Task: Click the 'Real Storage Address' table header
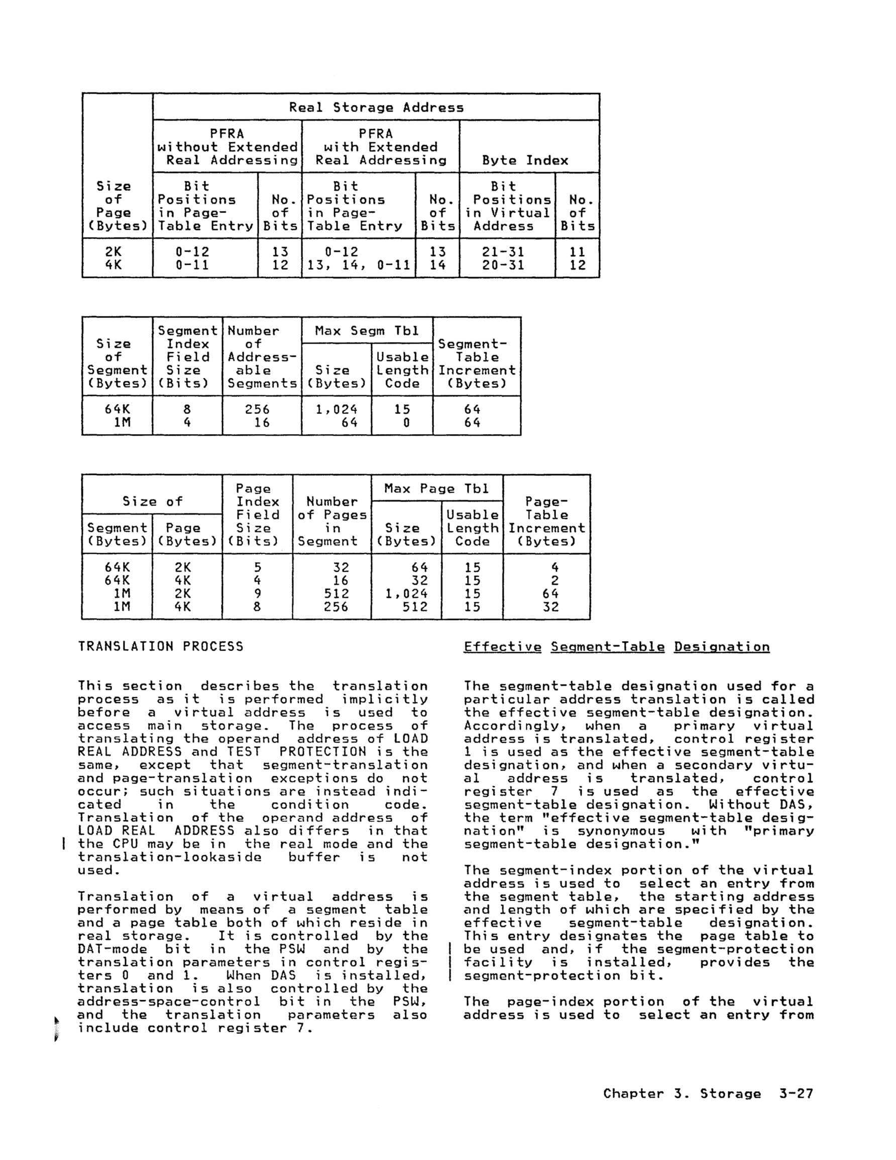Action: pyautogui.click(x=376, y=108)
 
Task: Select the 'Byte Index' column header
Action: pyautogui.click(x=525, y=160)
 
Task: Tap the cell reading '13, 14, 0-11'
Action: pyautogui.click(x=359, y=265)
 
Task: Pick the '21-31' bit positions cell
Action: pyautogui.click(x=503, y=252)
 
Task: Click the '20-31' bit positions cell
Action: pyautogui.click(x=503, y=265)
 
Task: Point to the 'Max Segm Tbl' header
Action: pyautogui.click(x=367, y=331)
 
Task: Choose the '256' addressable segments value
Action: pyautogui.click(x=258, y=409)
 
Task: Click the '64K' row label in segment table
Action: pyautogui.click(x=118, y=409)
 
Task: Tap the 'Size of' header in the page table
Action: pyautogui.click(x=153, y=501)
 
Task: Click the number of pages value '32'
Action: pyautogui.click(x=341, y=568)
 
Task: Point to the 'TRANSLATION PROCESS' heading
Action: pyautogui.click(x=160, y=647)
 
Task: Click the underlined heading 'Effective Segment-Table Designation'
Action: pyautogui.click(x=616, y=647)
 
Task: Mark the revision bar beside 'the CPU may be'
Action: pyautogui.click(x=64, y=844)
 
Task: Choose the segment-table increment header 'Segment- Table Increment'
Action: pyautogui.click(x=477, y=364)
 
